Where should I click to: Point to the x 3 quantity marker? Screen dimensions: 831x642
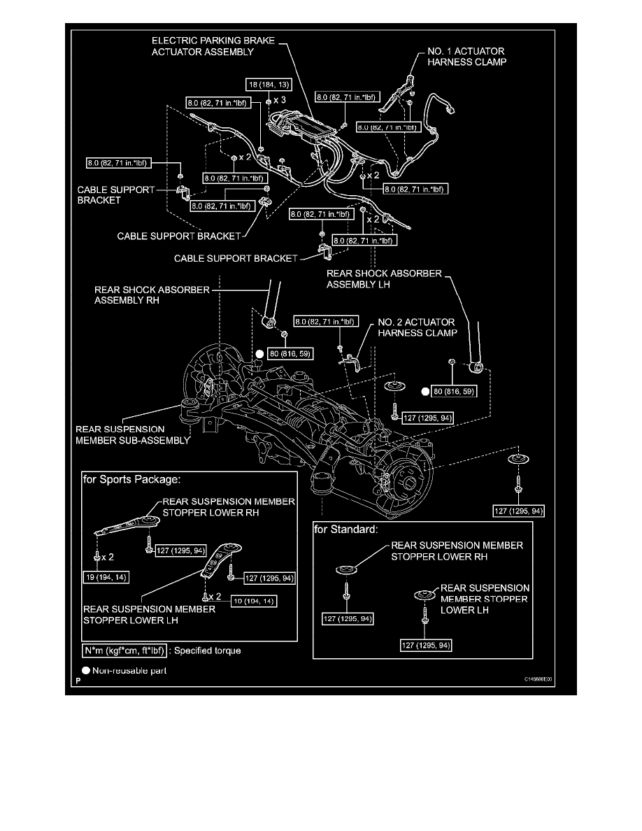(x=279, y=100)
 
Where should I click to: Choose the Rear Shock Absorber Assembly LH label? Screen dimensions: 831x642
(x=384, y=278)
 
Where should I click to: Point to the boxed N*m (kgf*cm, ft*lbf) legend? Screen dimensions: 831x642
(x=124, y=651)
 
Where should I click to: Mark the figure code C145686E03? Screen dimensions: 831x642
(x=540, y=679)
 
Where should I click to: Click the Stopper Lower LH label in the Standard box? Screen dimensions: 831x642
(x=484, y=598)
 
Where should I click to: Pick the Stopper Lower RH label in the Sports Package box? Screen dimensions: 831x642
(x=229, y=506)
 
